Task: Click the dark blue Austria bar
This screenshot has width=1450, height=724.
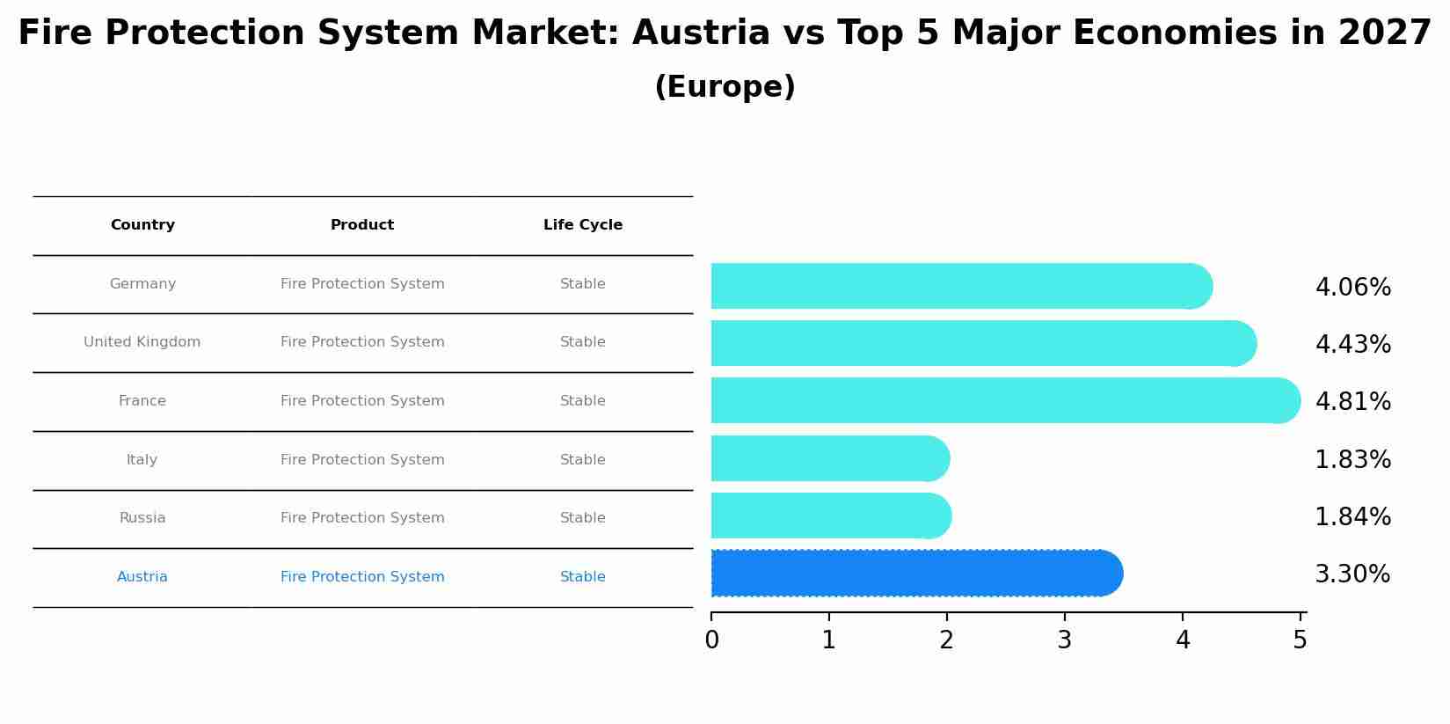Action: click(914, 574)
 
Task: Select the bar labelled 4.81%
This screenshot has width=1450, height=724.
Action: click(1002, 400)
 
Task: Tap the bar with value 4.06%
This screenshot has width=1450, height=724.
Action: click(958, 286)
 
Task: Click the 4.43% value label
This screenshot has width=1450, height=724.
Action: click(1352, 344)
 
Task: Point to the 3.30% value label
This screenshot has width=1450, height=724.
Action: click(1352, 574)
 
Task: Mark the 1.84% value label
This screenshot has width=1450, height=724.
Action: click(1352, 516)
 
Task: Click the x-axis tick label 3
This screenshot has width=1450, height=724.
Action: click(1064, 640)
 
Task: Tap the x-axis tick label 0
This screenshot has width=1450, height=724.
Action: click(711, 640)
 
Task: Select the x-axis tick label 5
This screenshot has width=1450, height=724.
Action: click(1300, 640)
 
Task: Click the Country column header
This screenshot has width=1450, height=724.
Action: click(142, 225)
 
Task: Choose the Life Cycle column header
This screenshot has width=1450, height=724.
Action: click(583, 225)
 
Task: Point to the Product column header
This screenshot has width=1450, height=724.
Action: click(362, 225)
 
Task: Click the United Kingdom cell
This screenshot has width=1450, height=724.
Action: click(142, 342)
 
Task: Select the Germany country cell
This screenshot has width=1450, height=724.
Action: click(142, 284)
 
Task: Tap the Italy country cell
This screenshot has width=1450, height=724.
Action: click(142, 459)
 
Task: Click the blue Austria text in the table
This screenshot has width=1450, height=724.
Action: click(142, 577)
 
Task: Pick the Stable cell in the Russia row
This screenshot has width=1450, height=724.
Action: click(583, 518)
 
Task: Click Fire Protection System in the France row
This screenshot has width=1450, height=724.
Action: click(362, 401)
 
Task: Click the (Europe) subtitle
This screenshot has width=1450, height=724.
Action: click(725, 87)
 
